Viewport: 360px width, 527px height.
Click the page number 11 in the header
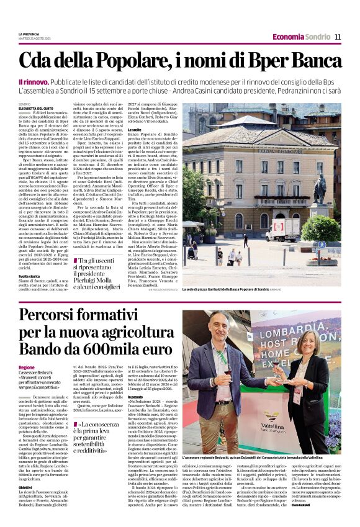[338, 37]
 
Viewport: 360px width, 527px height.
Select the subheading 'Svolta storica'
[29, 275]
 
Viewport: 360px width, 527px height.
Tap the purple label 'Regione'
[27, 367]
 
